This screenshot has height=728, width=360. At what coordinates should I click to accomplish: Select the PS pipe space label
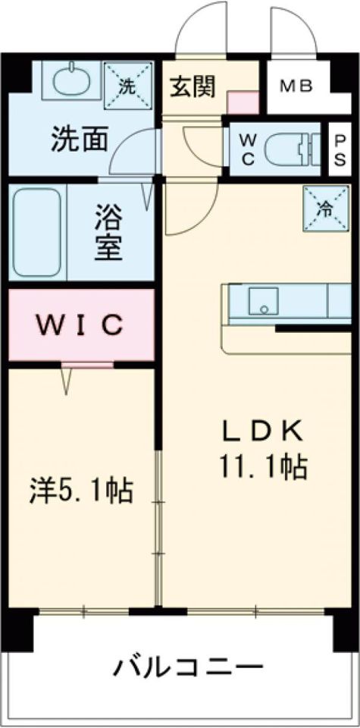(x=340, y=149)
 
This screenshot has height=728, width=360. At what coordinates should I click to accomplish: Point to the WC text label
(x=248, y=149)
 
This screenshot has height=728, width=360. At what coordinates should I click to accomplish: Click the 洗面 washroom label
(x=79, y=139)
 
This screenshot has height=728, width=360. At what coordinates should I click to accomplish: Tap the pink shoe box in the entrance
(x=243, y=102)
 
